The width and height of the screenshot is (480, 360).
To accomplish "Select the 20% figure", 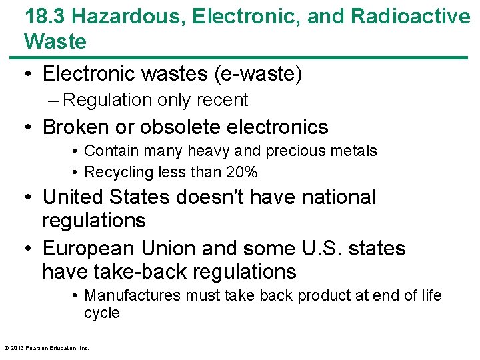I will point(242,172).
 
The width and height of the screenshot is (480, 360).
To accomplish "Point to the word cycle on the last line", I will point(102,313).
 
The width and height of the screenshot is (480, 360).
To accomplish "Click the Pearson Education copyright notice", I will point(47,347).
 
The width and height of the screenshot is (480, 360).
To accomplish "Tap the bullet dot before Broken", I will point(29,127).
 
